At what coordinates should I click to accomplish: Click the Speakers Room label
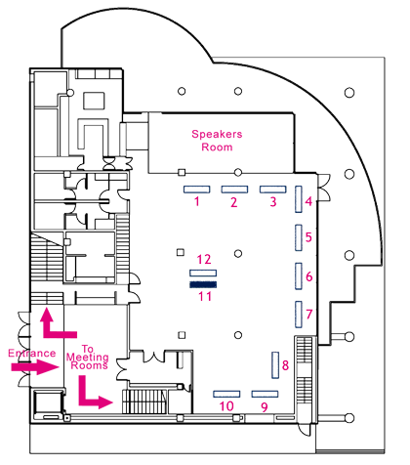pos(217,141)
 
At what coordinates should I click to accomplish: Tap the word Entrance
pos(32,354)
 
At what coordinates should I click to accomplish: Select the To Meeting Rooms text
pos(88,358)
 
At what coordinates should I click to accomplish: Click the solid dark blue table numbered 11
pos(203,284)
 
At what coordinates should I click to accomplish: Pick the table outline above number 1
pos(196,190)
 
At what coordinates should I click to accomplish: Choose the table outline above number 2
pos(234,190)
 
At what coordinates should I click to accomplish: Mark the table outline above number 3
pos(273,190)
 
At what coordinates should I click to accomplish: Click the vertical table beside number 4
pos(299,199)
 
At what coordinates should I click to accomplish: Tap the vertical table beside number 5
pos(299,237)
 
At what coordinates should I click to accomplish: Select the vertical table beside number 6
pos(299,276)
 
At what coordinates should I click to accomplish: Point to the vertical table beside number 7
pos(299,315)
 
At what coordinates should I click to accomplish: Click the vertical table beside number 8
pos(275,365)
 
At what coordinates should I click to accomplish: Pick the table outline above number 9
pos(265,394)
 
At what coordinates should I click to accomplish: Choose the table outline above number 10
pos(226,394)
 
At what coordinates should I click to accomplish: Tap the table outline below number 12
pos(203,273)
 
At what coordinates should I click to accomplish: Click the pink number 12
pos(204,260)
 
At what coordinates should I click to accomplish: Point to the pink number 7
pos(309,315)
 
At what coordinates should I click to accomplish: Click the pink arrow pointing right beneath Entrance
pos(35,367)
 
